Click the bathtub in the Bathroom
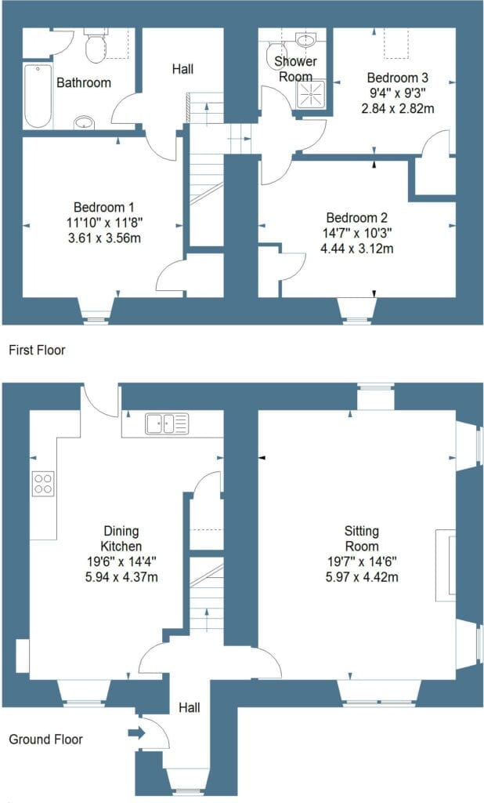(x=38, y=96)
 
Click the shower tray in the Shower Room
(x=310, y=95)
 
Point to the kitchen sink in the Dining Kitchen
(x=167, y=423)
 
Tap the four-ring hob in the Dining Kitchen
(x=43, y=483)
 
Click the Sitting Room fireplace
(x=445, y=565)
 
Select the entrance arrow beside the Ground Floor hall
(x=136, y=733)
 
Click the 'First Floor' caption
(x=38, y=351)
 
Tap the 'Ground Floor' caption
(x=46, y=739)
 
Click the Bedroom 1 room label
(x=104, y=207)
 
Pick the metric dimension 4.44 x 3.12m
(x=356, y=249)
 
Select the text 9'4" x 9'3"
(x=398, y=93)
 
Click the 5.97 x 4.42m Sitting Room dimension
(x=362, y=577)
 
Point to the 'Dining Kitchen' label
(x=121, y=538)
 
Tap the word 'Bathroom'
(x=84, y=82)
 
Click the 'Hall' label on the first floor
(x=182, y=69)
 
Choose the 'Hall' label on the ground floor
(x=190, y=708)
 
